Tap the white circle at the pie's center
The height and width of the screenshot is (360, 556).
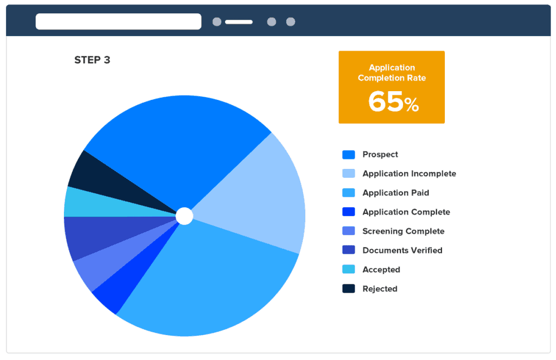pos(185,216)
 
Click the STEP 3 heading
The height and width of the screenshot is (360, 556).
pos(92,60)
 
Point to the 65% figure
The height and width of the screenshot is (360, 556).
pos(393,102)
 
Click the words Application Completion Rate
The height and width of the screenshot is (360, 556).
pos(391,73)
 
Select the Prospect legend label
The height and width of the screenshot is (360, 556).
pos(380,154)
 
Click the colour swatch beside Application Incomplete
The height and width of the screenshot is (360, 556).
pos(349,174)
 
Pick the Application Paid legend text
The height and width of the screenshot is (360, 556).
pos(396,193)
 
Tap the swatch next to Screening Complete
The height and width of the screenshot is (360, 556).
pos(349,231)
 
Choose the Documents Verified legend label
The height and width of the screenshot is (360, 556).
pos(403,251)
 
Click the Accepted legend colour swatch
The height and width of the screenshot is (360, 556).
pos(349,269)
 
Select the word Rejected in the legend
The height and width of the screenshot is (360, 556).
pos(380,289)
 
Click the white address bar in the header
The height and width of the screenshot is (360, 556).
pos(118,22)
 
